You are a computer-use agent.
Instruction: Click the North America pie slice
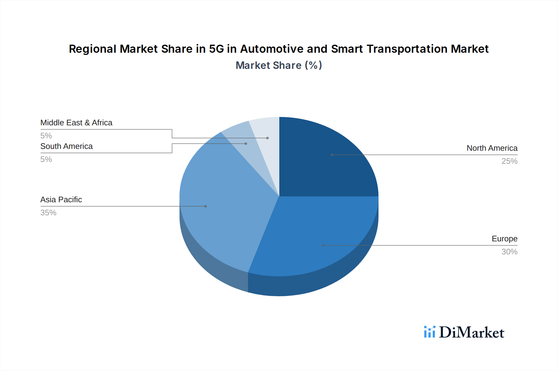click(x=325, y=161)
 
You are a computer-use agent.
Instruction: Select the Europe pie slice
click(x=313, y=236)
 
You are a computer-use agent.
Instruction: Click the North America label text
click(x=492, y=148)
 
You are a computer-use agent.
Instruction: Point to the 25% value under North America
click(x=509, y=161)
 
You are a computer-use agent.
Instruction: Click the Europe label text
click(x=504, y=239)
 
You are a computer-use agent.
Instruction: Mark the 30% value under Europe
click(x=509, y=252)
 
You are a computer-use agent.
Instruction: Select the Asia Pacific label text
click(x=61, y=200)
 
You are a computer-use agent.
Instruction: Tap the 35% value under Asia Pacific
click(x=48, y=213)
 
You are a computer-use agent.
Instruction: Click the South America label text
click(x=66, y=146)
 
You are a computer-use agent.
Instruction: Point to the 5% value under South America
click(x=46, y=159)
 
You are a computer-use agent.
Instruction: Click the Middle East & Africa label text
click(x=76, y=123)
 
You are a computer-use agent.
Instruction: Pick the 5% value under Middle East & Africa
click(x=46, y=136)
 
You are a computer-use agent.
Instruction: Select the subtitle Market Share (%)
click(x=279, y=65)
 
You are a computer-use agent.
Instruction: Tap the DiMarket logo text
click(x=472, y=333)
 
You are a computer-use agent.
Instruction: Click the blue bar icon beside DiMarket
click(x=430, y=332)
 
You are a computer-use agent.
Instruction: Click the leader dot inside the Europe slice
click(x=323, y=245)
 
